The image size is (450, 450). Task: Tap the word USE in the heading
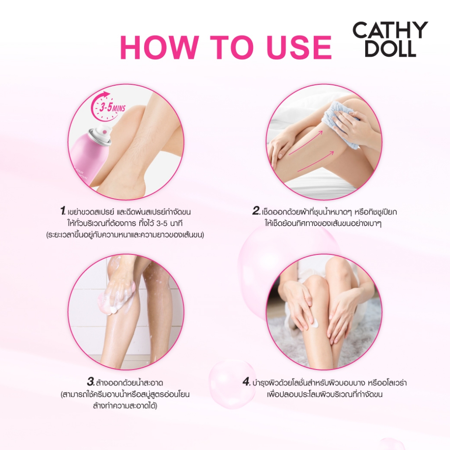[299, 47]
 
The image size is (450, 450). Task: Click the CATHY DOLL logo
[390, 39]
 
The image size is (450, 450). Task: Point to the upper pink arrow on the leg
[305, 143]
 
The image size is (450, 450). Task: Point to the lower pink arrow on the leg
[316, 161]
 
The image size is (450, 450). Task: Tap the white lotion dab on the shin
[315, 323]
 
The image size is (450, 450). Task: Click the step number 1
[63, 211]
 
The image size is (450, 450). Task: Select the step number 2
[256, 211]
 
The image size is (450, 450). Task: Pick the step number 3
[91, 382]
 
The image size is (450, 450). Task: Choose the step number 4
[247, 382]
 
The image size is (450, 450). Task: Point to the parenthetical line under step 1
[125, 235]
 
